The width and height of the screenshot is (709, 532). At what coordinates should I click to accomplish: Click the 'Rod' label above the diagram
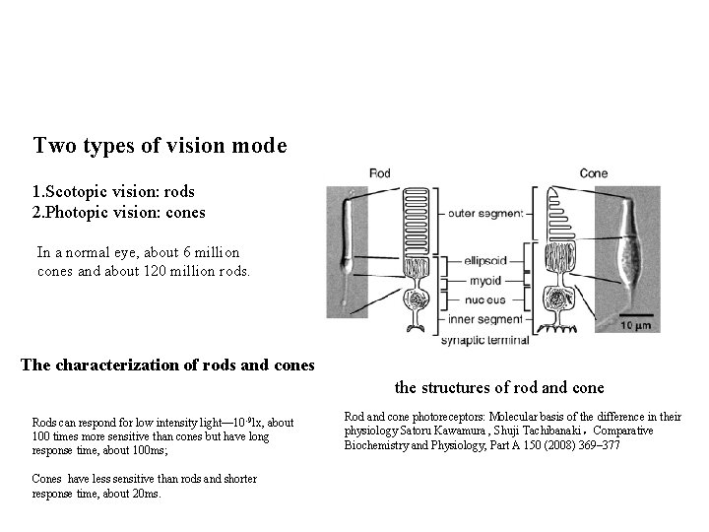[x=379, y=173]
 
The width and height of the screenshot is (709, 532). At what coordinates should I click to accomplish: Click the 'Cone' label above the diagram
[x=594, y=173]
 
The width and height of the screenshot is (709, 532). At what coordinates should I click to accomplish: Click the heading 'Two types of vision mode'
[x=160, y=146]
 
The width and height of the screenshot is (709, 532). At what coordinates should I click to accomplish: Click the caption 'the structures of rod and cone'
[x=499, y=388]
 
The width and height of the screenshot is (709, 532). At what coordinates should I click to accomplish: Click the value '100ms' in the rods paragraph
[x=148, y=449]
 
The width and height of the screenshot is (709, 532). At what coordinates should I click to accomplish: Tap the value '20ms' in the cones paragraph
[x=146, y=493]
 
